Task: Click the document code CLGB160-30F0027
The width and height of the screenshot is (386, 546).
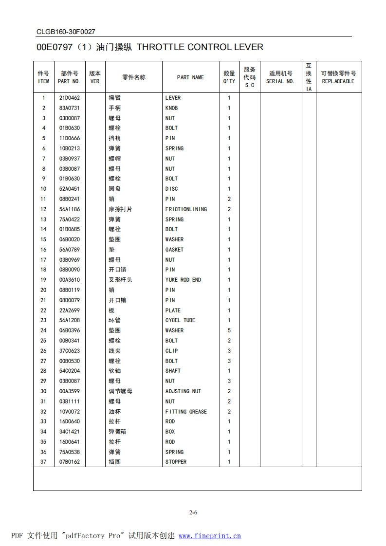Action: click(x=66, y=32)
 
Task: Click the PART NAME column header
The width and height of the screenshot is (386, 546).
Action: click(x=190, y=77)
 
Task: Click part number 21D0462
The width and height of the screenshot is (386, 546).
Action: click(x=69, y=98)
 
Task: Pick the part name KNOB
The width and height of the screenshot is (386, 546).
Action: click(x=171, y=108)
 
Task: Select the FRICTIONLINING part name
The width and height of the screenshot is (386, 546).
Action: click(x=186, y=209)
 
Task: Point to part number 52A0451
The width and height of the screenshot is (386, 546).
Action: click(x=69, y=189)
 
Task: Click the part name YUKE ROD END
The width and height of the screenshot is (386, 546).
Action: click(x=183, y=280)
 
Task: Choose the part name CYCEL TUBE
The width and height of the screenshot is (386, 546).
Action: click(x=180, y=320)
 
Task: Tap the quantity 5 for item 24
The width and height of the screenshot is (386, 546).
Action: click(x=229, y=330)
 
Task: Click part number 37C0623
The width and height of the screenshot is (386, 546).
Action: click(x=69, y=351)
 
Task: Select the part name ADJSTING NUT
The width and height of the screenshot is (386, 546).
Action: click(x=183, y=391)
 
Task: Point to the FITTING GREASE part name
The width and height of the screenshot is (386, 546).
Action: click(x=186, y=412)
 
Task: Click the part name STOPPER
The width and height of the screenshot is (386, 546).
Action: click(x=176, y=462)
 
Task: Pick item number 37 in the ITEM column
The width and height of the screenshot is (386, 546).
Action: click(x=43, y=462)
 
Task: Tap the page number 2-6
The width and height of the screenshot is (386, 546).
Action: click(x=193, y=512)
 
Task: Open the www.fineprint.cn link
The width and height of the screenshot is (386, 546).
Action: click(x=210, y=536)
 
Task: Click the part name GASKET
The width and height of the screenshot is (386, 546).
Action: click(x=174, y=250)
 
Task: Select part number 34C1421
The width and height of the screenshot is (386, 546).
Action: click(x=69, y=432)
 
